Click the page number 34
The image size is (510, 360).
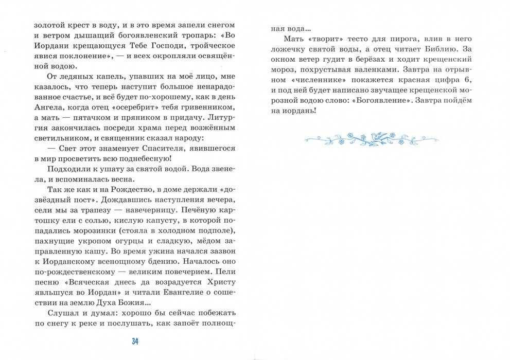pyautogui.click(x=135, y=341)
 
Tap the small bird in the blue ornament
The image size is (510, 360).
pyautogui.click(x=379, y=136)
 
